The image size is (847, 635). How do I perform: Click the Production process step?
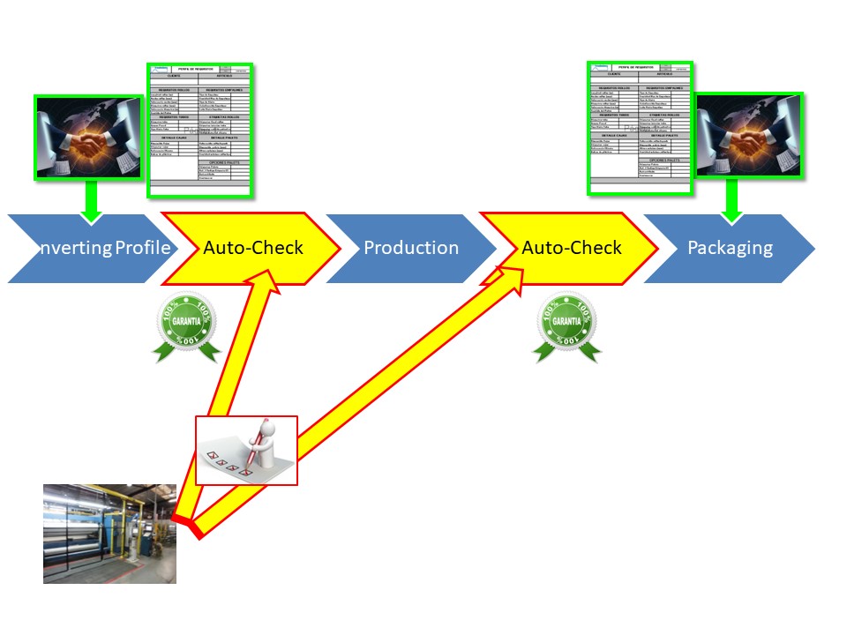click(411, 248)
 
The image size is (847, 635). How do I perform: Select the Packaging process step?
click(730, 248)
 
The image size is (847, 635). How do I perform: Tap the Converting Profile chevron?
click(88, 248)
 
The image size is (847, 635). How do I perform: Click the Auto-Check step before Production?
click(253, 248)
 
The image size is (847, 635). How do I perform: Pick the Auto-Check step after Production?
click(571, 248)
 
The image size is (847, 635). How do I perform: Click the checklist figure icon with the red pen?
click(246, 450)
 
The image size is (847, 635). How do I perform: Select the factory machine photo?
click(109, 533)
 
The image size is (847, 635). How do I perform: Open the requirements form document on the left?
click(200, 130)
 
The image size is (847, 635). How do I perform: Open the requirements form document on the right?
click(641, 128)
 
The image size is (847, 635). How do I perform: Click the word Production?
click(411, 248)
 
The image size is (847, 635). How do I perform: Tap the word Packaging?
click(730, 248)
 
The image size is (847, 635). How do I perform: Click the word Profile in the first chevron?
click(143, 248)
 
